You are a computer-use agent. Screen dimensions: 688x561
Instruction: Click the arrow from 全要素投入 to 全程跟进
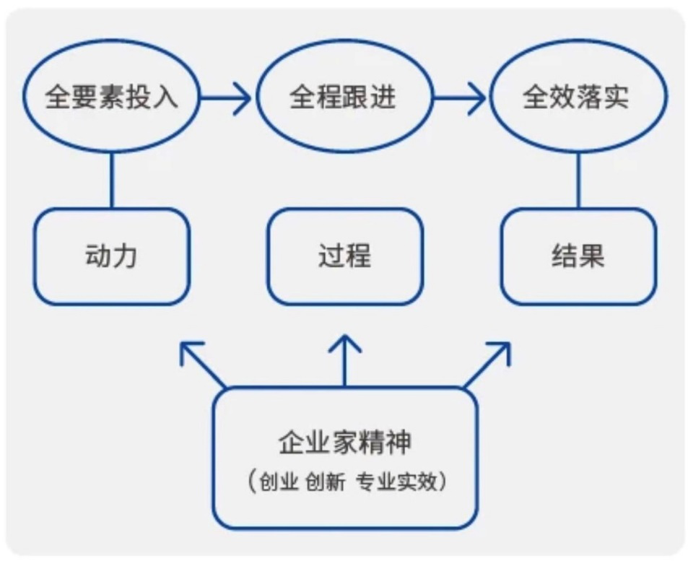(225, 97)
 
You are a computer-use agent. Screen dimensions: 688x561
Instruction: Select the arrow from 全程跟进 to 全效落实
(459, 97)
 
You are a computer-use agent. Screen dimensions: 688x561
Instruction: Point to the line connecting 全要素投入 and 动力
(111, 181)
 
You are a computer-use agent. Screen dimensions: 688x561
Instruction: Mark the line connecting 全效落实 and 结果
(578, 181)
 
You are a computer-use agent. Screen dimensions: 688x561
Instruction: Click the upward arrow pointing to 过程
(345, 361)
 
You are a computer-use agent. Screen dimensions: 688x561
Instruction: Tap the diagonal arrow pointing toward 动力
(203, 365)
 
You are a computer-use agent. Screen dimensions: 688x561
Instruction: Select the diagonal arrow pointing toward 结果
(487, 365)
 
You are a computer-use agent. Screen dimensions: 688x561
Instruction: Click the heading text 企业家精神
(345, 443)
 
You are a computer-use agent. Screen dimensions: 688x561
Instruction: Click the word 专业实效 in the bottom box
(397, 482)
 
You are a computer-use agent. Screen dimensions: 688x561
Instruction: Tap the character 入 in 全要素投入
(164, 97)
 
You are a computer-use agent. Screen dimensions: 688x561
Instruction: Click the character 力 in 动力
(125, 256)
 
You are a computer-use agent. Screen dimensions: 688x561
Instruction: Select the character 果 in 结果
(591, 256)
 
